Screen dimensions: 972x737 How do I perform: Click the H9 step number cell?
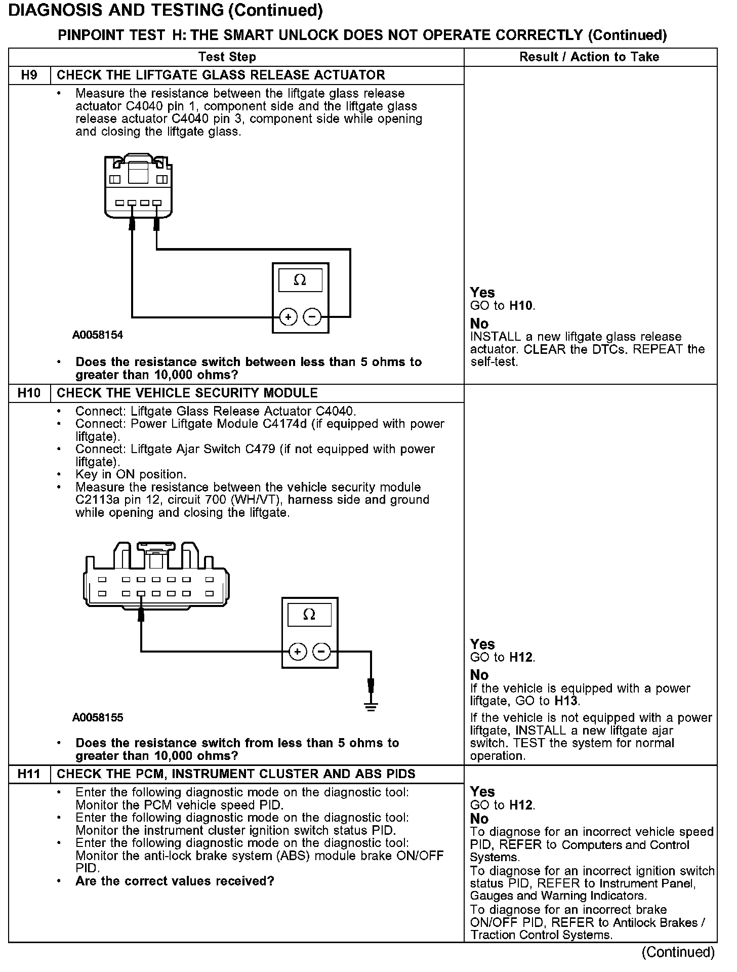tap(29, 75)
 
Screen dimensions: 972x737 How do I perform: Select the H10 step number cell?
tap(29, 393)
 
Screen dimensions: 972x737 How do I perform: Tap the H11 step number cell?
tap(29, 774)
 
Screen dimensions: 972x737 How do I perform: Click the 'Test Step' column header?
tap(227, 57)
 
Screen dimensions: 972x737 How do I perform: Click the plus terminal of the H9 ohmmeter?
tap(288, 317)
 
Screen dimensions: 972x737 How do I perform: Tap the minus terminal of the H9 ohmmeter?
tap(312, 317)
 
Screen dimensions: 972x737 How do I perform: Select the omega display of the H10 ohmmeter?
tap(309, 615)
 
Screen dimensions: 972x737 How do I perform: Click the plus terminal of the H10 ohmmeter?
tap(297, 652)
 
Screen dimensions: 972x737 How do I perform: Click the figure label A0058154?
tap(98, 335)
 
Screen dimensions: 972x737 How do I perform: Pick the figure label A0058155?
tap(98, 717)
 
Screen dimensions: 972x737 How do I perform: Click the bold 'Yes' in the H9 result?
tap(482, 293)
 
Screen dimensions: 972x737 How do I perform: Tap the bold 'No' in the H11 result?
tap(479, 819)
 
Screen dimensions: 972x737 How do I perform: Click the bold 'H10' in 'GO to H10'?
tap(521, 306)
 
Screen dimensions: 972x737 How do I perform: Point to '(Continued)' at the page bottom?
tap(678, 953)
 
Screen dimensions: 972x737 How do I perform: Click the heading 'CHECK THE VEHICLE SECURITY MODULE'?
tap(187, 393)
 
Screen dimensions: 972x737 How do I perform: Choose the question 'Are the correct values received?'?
tap(175, 881)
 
